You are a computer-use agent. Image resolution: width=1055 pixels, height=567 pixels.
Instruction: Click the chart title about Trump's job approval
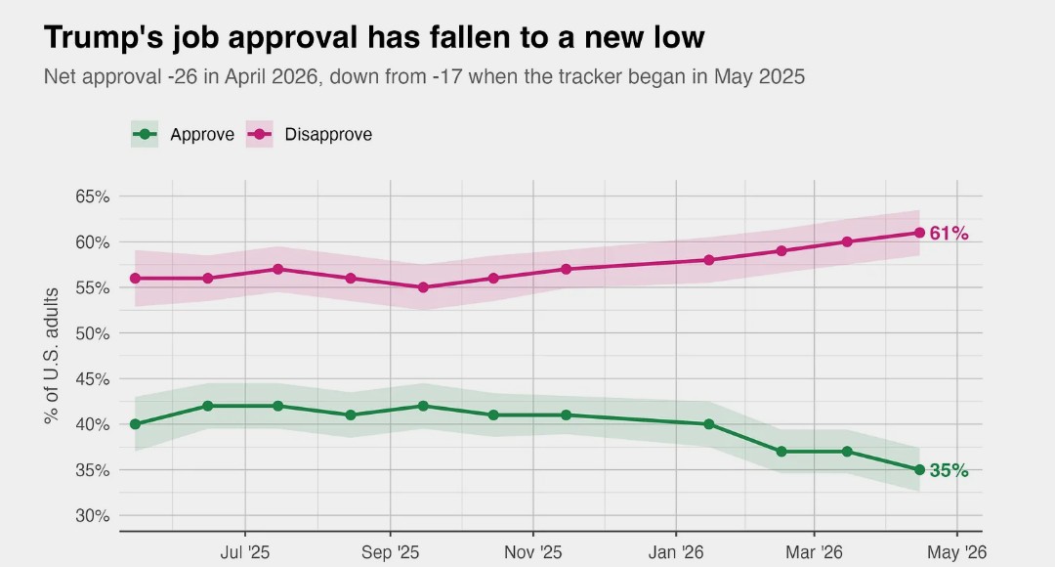tap(374, 37)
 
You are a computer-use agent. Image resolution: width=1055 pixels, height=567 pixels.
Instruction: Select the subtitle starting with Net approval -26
tap(424, 76)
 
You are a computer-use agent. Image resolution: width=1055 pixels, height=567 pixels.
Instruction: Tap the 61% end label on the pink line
tap(949, 233)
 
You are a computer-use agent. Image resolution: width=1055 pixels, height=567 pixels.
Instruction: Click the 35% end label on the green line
tap(949, 470)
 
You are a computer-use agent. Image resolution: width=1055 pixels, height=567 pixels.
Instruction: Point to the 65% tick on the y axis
tap(92, 196)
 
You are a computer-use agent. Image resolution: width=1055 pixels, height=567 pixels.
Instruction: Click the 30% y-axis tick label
tap(92, 516)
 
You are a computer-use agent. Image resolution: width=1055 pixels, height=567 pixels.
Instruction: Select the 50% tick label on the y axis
tap(92, 333)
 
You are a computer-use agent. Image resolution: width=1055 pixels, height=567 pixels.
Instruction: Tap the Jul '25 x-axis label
tap(244, 553)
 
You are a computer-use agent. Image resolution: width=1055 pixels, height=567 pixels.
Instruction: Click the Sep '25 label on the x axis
tap(390, 553)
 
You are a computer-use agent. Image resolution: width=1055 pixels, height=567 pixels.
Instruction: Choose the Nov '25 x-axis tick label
tap(533, 553)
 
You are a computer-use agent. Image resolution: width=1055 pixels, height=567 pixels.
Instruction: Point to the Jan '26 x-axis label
tap(676, 553)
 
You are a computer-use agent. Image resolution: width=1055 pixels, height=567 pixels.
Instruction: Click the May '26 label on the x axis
tap(956, 553)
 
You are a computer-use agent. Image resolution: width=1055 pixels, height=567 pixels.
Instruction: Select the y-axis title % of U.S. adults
tap(52, 355)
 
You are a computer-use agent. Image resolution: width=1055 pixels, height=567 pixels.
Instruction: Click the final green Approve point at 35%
tap(919, 470)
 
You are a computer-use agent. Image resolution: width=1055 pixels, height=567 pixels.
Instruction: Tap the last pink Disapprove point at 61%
tap(919, 233)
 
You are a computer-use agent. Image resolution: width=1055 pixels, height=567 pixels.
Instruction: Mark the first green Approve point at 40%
tap(135, 424)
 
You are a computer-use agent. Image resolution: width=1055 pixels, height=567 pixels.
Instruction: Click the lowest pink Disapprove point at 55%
tap(423, 287)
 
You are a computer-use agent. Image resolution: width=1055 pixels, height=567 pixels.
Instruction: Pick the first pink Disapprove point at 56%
tap(135, 279)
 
